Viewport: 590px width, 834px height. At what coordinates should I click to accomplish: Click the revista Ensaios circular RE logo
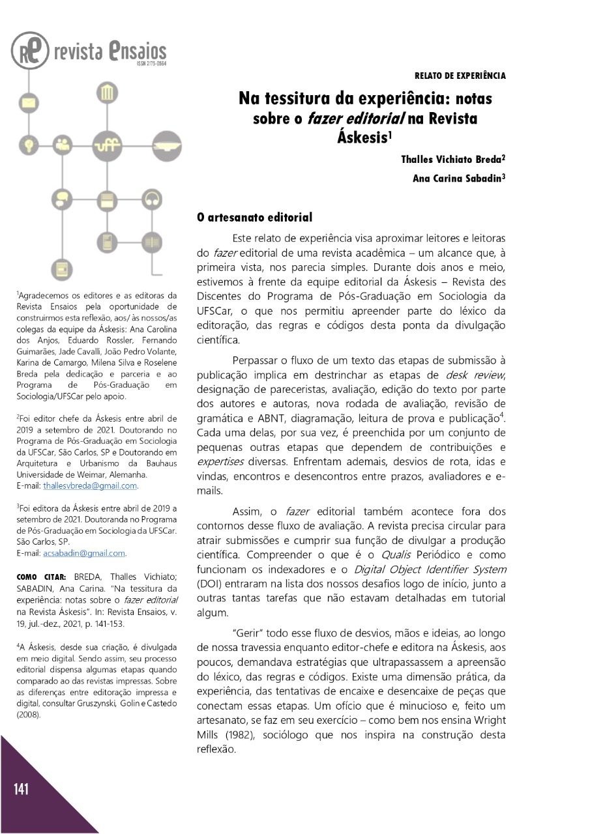(30, 51)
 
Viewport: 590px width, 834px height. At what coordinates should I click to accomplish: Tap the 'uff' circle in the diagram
(105, 145)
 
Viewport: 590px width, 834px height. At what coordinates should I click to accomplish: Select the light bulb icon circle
(28, 143)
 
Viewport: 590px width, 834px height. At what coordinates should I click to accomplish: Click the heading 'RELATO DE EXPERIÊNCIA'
(460, 76)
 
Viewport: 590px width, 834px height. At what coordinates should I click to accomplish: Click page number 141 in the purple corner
(22, 790)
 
